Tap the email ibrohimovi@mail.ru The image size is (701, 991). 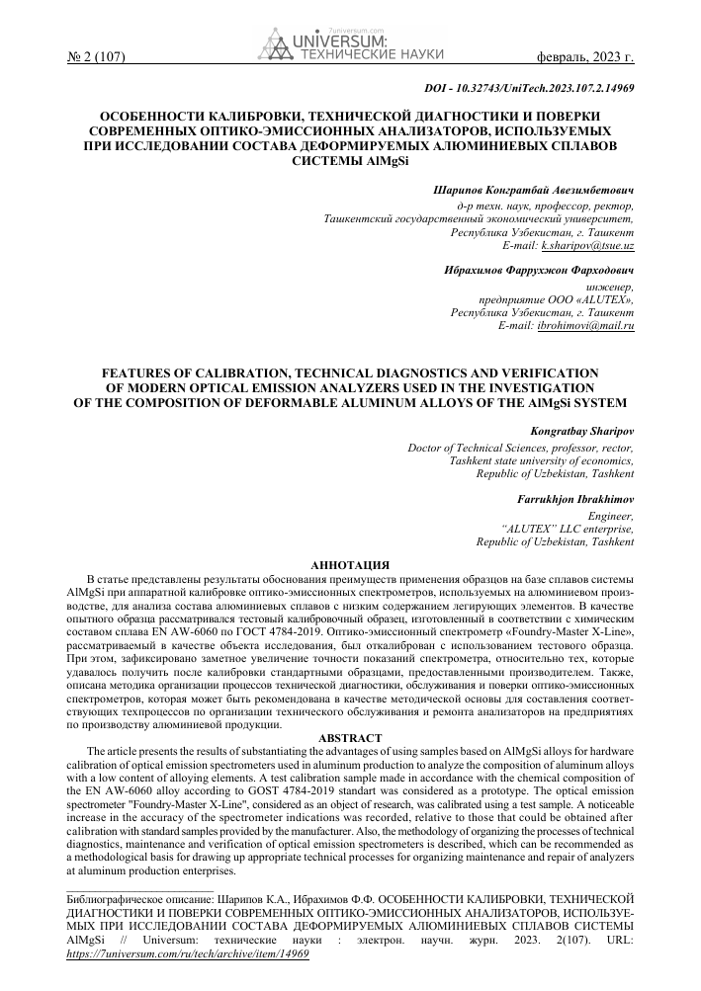pos(586,325)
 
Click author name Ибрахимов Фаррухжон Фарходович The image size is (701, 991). pos(540,269)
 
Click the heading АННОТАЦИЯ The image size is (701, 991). pos(349,561)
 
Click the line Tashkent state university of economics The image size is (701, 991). pos(542,460)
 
